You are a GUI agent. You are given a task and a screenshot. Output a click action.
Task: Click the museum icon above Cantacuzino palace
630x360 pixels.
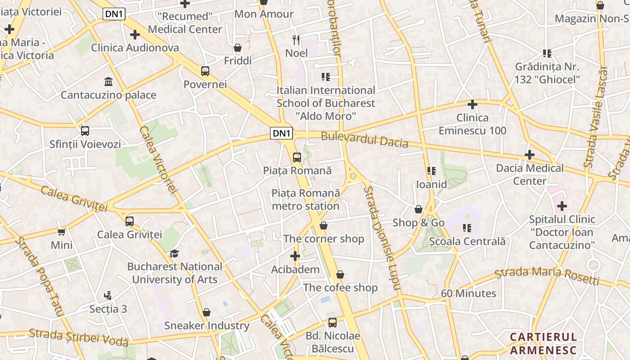tap(108, 81)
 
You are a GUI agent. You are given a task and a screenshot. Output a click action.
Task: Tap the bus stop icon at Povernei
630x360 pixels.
tap(205, 71)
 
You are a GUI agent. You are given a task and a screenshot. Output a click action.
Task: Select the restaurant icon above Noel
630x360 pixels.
tap(296, 40)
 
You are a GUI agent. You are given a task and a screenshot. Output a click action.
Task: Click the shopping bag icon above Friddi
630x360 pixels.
tap(238, 47)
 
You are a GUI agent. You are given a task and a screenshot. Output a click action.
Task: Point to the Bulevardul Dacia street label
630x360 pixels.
tap(364, 140)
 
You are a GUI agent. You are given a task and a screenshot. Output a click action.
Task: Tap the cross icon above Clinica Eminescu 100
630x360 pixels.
tap(472, 104)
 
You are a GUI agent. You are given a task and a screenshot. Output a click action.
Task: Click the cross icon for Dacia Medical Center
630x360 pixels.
tap(530, 155)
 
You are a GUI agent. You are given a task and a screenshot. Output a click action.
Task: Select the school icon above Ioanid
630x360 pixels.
tap(432, 171)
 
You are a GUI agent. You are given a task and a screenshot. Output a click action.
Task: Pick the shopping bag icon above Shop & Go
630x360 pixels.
tap(418, 209)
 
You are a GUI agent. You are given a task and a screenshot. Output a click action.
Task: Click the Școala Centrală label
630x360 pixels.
tap(467, 241)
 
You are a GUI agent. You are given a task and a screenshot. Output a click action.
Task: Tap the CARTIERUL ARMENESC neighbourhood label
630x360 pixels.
tap(543, 343)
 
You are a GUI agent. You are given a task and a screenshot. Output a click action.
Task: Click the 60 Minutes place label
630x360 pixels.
tap(468, 293)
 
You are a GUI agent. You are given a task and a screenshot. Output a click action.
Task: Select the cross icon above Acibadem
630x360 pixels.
tap(295, 256)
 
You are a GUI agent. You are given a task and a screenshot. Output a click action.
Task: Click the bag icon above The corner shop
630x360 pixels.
tap(323, 225)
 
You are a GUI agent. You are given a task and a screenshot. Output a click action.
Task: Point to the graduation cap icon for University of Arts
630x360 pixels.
tap(174, 253)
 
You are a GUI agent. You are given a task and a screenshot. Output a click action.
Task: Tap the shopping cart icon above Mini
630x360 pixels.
tap(62, 232)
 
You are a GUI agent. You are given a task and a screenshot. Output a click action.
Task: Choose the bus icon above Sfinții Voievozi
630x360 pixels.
tap(85, 131)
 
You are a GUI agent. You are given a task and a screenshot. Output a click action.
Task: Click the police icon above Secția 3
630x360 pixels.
tap(108, 296)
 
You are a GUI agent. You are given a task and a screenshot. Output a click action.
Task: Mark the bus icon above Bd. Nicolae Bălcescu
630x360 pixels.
tap(333, 322)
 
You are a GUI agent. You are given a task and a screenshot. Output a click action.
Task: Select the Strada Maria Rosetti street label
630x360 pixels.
tap(547, 275)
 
